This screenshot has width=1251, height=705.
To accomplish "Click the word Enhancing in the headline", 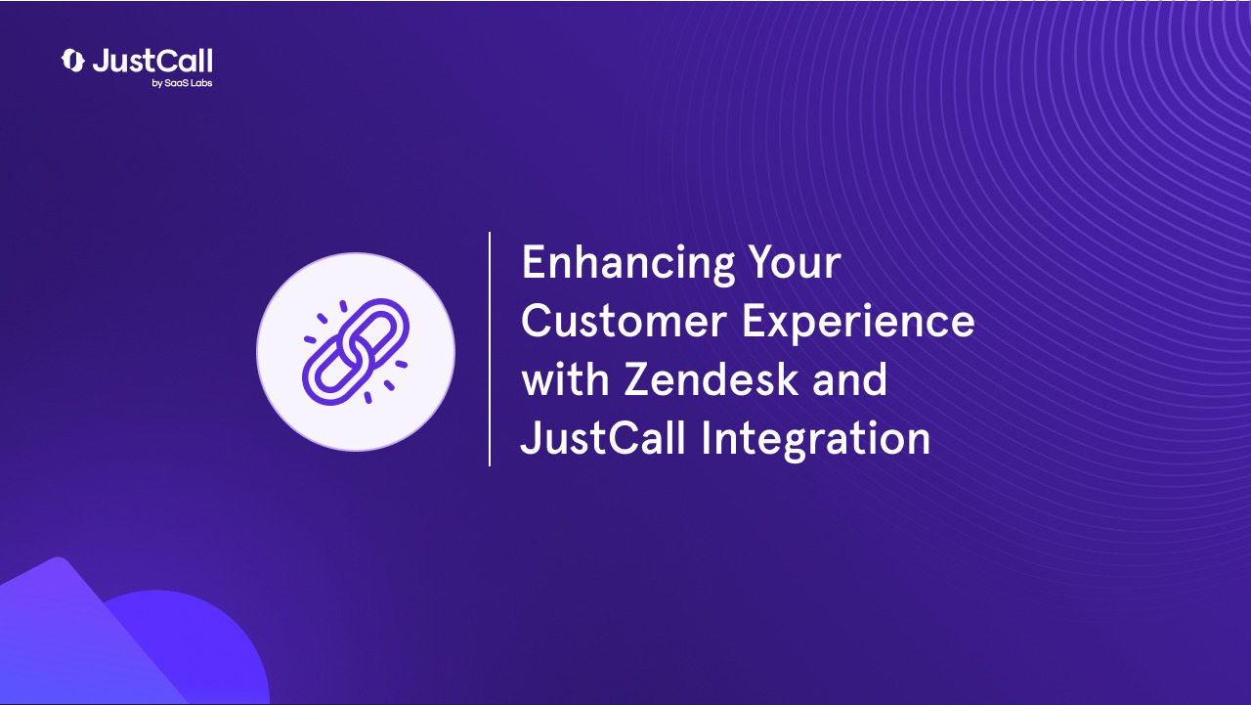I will pos(625,265).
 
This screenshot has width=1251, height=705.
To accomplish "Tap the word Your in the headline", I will pos(794,263).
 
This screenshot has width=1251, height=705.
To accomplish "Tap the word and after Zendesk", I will pos(848,379).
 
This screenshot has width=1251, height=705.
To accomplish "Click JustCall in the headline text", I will pos(602,438).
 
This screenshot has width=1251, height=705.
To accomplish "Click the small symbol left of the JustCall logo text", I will pos(73,61).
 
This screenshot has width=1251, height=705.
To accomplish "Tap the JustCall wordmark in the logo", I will pos(152,61).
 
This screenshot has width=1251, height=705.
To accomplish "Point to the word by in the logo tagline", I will pos(156,84).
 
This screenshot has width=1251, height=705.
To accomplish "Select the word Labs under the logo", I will pos(200,83).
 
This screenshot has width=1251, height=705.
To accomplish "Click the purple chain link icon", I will pos(356,351).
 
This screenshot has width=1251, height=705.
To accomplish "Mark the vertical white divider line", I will pos(490,349).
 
